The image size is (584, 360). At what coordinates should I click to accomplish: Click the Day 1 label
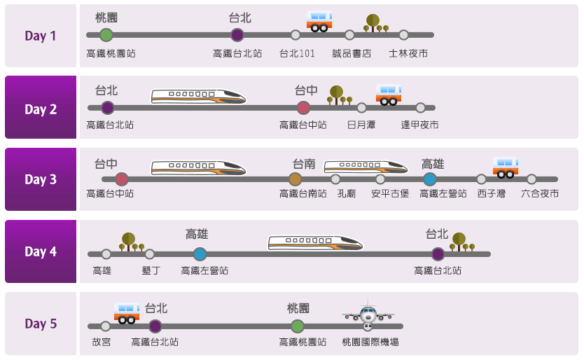click(41, 36)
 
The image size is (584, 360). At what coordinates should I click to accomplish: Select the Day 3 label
click(41, 180)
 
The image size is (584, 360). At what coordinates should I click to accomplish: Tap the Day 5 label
click(41, 324)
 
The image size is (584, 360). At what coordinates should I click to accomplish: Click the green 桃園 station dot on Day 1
click(106, 34)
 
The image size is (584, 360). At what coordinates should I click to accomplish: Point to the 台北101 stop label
click(297, 53)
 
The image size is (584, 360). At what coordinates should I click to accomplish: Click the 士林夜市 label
click(408, 53)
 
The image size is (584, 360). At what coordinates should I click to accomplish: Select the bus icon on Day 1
click(319, 22)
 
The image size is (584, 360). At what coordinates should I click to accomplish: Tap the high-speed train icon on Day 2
click(199, 96)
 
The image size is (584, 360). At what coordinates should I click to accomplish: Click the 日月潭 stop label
click(361, 125)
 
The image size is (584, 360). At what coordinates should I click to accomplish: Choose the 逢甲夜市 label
click(420, 125)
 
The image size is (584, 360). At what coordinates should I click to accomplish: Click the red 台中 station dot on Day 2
click(303, 107)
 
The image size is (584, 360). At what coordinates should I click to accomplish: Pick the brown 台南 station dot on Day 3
click(295, 179)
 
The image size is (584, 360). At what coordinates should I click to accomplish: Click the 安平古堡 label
click(390, 194)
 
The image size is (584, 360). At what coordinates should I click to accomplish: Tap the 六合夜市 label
click(540, 194)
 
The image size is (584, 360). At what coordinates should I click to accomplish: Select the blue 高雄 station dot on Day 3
click(430, 179)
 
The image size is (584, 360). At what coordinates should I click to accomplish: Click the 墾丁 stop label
click(151, 270)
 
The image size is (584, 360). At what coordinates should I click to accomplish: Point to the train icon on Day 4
click(316, 243)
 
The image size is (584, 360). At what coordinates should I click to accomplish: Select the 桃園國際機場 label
click(370, 342)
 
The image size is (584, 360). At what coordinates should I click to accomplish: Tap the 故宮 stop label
click(102, 342)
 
